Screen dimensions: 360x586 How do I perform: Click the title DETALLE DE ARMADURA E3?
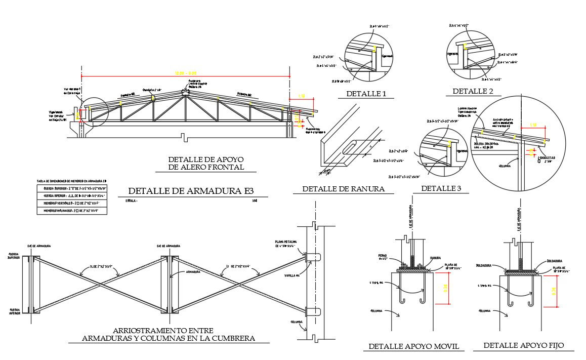coord(190,191)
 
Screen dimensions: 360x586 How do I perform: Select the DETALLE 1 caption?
coord(366,94)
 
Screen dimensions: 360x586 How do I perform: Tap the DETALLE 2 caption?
coord(473,91)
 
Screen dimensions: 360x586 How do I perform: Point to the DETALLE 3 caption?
coord(441,188)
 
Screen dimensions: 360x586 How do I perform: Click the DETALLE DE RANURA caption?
coord(344,189)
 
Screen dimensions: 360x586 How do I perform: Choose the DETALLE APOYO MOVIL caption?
coord(413,346)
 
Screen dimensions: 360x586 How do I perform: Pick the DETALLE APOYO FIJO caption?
coord(523,345)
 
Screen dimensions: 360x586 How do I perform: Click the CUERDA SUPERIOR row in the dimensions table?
coord(71,187)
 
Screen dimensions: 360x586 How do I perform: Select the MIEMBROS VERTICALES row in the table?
coord(71,203)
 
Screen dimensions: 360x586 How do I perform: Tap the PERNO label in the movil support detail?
coord(382,256)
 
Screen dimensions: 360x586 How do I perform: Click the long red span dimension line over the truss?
coord(185,76)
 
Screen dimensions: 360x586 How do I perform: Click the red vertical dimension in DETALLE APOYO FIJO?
coord(557,291)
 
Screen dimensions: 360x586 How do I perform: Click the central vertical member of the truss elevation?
coord(185,108)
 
